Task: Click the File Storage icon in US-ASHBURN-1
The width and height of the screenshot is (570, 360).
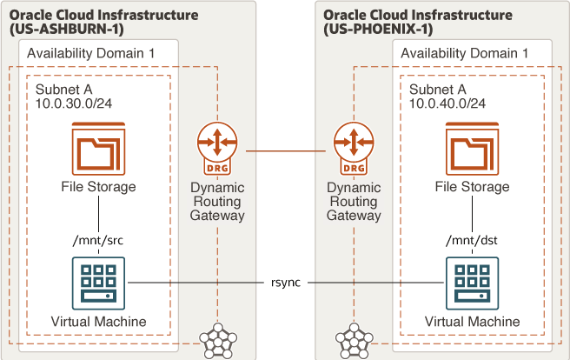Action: click(x=98, y=149)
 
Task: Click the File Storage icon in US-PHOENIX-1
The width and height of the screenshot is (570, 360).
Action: click(x=472, y=149)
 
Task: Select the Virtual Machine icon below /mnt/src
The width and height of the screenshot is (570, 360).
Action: click(x=98, y=283)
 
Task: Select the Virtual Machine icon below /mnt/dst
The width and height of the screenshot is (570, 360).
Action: click(x=472, y=283)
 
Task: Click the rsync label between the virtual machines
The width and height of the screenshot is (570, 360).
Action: click(x=286, y=283)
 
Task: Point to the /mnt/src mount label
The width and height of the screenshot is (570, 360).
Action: click(x=98, y=240)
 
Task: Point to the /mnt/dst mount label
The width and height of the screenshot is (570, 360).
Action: click(x=472, y=240)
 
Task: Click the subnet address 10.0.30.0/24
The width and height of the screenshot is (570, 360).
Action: click(x=74, y=103)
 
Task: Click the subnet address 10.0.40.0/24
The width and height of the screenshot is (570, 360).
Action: click(x=447, y=103)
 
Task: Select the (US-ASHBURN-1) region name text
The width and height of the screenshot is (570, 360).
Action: click(x=67, y=29)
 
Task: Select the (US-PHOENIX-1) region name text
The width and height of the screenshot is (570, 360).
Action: click(x=378, y=29)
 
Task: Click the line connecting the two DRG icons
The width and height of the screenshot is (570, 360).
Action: click(x=286, y=151)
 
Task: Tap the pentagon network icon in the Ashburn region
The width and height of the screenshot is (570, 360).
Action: click(x=218, y=341)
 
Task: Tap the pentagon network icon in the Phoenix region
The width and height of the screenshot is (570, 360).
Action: click(x=354, y=341)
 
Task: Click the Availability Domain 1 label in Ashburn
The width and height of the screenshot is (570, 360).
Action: click(x=91, y=53)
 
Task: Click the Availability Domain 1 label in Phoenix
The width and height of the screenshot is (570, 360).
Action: click(x=465, y=53)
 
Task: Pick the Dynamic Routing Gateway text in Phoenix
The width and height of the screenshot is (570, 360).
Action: click(x=354, y=202)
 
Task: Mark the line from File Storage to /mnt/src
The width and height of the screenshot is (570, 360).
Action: click(x=98, y=214)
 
